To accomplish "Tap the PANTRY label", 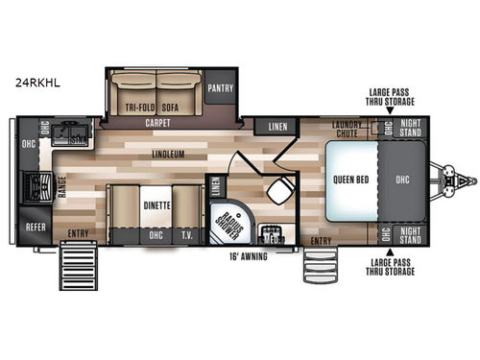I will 221,88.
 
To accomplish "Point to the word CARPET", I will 157,125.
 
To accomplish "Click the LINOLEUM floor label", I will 167,154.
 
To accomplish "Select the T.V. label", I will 186,233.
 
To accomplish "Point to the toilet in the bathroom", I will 277,190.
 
